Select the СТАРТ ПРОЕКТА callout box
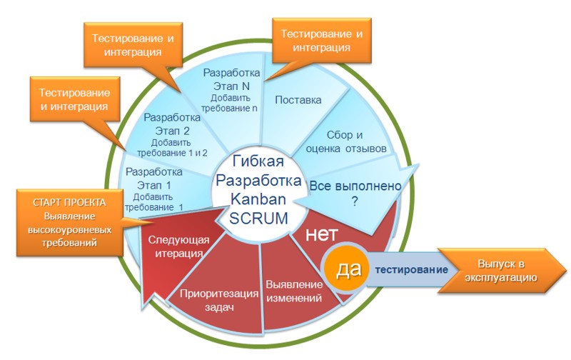(69, 222)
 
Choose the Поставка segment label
(298, 100)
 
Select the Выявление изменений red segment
(293, 290)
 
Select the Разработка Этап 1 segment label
(154, 189)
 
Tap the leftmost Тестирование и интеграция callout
(74, 100)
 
